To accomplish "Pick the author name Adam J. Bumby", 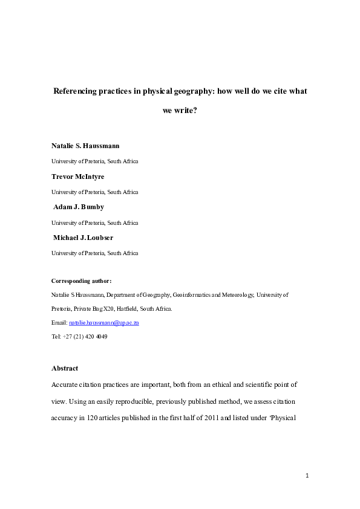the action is point(79,207).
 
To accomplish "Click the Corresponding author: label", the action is point(82,281).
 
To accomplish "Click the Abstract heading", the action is point(65,368).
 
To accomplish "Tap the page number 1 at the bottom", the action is point(307,476).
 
